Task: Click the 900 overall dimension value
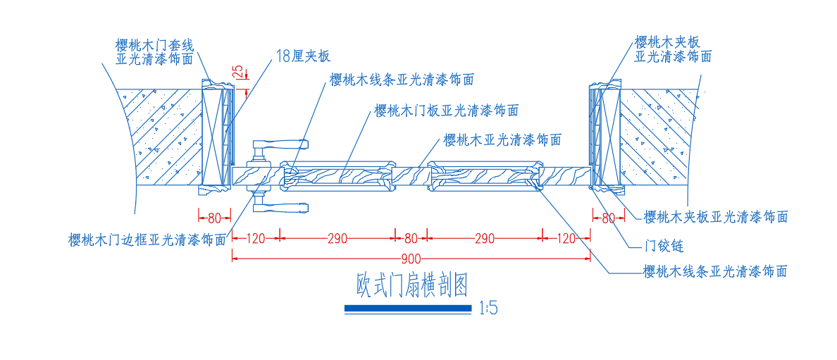[x=411, y=259]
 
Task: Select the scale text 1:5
[x=488, y=308]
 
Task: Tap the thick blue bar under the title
[x=408, y=308]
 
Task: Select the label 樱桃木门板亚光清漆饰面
[x=446, y=111]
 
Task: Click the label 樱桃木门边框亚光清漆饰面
[x=147, y=240]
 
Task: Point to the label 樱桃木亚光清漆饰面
[x=502, y=140]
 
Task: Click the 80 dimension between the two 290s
[x=411, y=238]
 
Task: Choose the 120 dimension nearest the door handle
[x=256, y=238]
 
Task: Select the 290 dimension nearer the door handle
[x=338, y=238]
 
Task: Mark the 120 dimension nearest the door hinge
[x=566, y=238]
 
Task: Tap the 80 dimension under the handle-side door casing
[x=214, y=218]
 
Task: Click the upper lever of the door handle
[x=280, y=144]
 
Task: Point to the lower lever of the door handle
[x=280, y=207]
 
